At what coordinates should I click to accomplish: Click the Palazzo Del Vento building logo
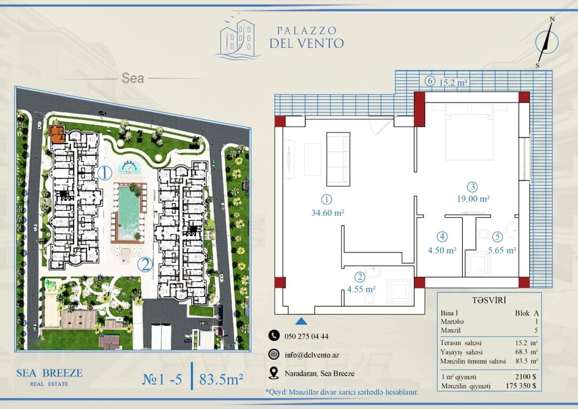237,38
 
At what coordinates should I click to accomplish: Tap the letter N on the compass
552,19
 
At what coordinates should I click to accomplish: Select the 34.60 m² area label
328,213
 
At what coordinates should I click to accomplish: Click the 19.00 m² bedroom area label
473,199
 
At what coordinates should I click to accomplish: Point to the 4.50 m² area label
442,250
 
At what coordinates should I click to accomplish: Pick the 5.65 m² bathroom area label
502,250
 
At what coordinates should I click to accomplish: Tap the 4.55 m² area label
361,289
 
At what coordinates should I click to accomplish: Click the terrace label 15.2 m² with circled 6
446,82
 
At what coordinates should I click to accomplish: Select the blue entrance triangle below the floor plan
301,321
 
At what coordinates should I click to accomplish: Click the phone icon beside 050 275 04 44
274,335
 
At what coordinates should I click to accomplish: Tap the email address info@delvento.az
312,355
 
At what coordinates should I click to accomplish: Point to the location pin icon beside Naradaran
274,373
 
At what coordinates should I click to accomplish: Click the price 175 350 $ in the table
521,386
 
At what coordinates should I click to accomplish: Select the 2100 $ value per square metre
525,377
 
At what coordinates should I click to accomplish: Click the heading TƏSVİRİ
489,300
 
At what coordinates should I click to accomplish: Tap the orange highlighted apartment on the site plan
57,135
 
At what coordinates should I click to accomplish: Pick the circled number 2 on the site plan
145,264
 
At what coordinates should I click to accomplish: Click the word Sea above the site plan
132,78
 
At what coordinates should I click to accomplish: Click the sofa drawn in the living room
338,159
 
